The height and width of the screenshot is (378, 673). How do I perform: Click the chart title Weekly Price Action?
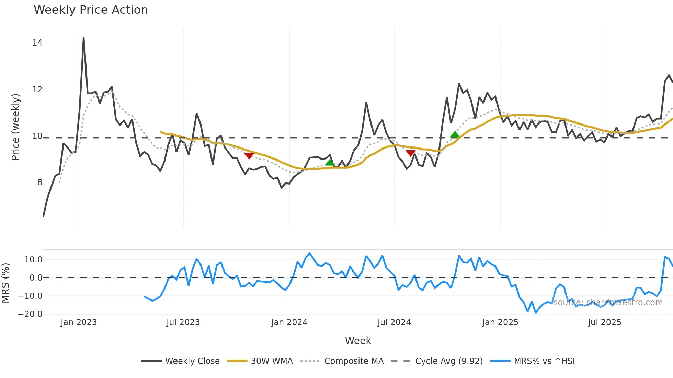pyautogui.click(x=91, y=10)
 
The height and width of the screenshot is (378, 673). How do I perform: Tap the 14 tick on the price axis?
pyautogui.click(x=37, y=43)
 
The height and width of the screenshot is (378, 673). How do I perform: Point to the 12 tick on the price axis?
pyautogui.click(x=37, y=90)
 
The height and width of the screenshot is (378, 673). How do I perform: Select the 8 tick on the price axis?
pyautogui.click(x=40, y=182)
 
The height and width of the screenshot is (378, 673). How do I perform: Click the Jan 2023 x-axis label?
pyautogui.click(x=79, y=322)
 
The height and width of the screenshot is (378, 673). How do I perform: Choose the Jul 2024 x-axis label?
pyautogui.click(x=394, y=322)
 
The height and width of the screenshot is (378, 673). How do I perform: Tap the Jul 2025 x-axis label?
pyautogui.click(x=604, y=322)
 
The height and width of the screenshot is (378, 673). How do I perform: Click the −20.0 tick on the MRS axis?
pyautogui.click(x=30, y=314)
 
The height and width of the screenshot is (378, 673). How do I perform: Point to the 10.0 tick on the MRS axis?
pyautogui.click(x=33, y=260)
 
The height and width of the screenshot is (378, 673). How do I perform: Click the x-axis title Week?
pyautogui.click(x=358, y=341)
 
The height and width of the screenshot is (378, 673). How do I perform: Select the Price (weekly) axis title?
pyautogui.click(x=15, y=127)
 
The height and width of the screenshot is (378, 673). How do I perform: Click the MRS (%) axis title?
pyautogui.click(x=5, y=283)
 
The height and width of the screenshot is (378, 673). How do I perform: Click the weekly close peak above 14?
pyautogui.click(x=83, y=38)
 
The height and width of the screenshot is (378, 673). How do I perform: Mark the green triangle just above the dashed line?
pyautogui.click(x=455, y=134)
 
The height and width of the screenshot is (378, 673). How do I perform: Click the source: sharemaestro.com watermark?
pyautogui.click(x=608, y=303)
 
